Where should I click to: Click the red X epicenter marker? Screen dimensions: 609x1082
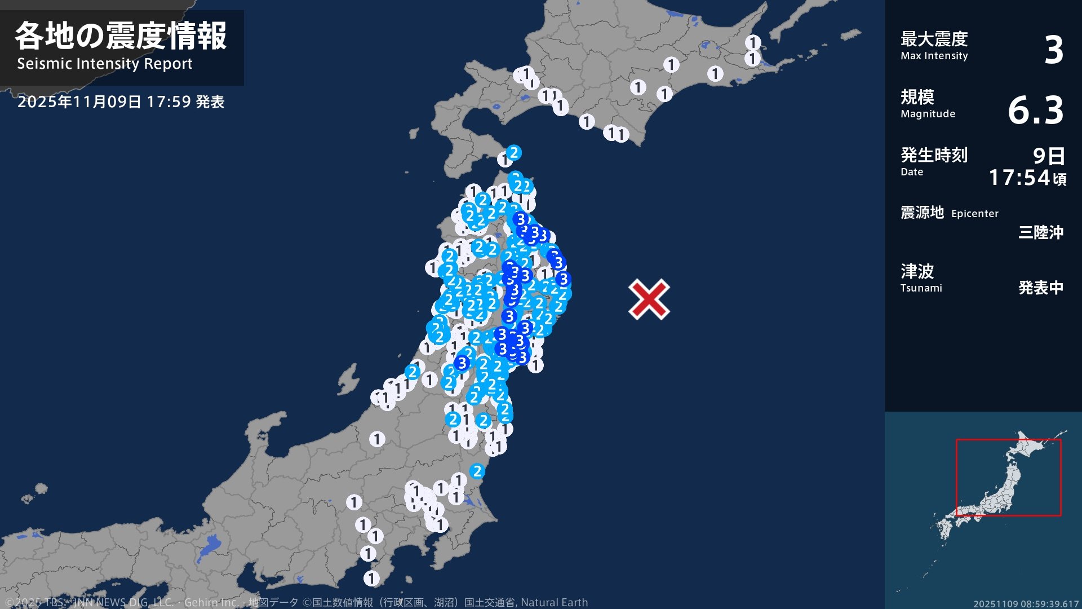click(649, 299)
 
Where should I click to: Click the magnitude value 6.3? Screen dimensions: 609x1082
click(1035, 110)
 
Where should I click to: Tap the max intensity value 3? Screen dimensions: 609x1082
click(1053, 50)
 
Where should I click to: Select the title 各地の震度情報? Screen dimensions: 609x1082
click(121, 36)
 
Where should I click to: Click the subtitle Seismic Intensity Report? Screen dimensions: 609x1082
click(105, 64)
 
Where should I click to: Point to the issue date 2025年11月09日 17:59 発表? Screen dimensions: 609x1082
click(121, 102)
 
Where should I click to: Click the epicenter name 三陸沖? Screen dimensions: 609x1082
click(1040, 232)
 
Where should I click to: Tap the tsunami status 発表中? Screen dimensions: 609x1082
click(1040, 288)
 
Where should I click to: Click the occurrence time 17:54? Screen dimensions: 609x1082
click(1019, 178)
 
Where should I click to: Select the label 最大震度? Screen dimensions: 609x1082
click(934, 39)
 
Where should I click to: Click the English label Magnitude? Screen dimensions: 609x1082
click(928, 114)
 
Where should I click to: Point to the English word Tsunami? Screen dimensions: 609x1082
click(921, 288)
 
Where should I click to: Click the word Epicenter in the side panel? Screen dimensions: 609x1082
click(974, 214)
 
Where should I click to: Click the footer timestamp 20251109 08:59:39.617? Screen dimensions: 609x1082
click(1026, 604)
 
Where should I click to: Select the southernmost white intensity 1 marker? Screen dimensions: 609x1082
click(371, 578)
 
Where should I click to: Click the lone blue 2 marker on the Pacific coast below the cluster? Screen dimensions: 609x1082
click(477, 471)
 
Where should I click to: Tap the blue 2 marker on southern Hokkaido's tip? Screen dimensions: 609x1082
click(513, 152)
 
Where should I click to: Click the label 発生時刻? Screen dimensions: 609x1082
click(934, 155)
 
